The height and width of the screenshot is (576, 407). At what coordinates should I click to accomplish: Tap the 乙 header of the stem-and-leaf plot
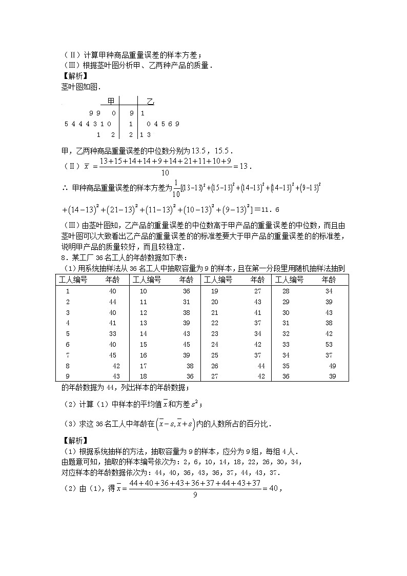tap(150, 101)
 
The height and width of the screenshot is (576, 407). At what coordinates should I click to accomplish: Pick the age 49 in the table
tap(332, 366)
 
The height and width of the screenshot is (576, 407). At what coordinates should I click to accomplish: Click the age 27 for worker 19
tap(257, 291)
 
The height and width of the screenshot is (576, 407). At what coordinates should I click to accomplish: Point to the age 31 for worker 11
tap(186, 302)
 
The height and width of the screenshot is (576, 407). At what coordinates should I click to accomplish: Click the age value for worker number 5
tap(113, 333)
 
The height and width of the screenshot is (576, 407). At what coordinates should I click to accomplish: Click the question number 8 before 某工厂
tap(63, 257)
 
